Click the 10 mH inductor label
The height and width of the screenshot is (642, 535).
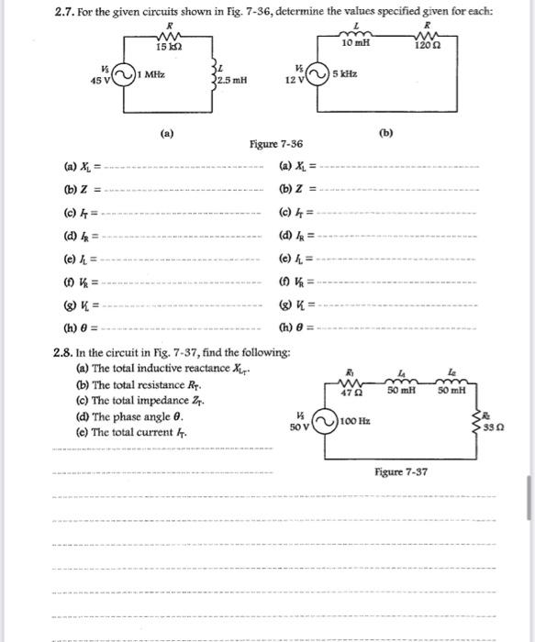[x=354, y=44]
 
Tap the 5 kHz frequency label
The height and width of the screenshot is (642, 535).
[x=346, y=72]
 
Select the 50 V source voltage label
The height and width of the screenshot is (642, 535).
[x=298, y=427]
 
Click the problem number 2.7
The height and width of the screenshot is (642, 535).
[x=65, y=10]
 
